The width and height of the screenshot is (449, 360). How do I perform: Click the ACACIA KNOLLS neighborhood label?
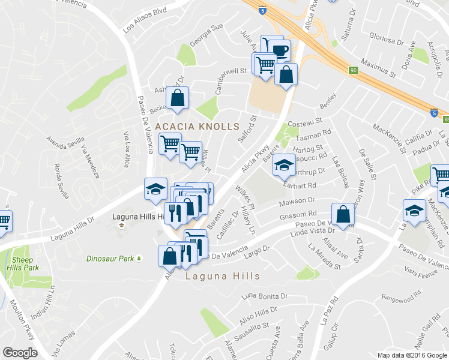[197, 127]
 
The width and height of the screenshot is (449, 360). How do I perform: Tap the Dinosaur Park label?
[109, 259]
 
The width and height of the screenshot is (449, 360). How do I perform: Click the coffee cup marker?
[280, 49]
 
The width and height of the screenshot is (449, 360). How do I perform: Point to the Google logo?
[20, 353]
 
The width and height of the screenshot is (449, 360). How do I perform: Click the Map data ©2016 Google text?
[412, 355]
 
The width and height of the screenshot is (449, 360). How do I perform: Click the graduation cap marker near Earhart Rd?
[285, 166]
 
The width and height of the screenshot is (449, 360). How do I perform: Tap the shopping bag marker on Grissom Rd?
[342, 214]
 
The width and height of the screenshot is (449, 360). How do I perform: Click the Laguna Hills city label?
[223, 277]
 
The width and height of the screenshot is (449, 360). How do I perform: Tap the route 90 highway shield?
[354, 70]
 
